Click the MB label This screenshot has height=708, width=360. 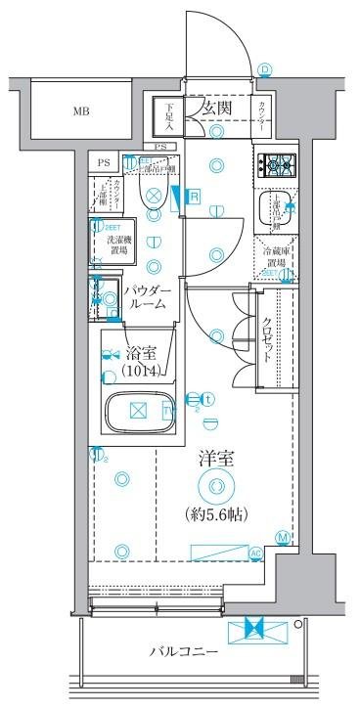click(80, 111)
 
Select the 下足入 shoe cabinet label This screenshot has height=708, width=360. click(168, 117)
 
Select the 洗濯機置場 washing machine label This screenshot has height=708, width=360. click(121, 243)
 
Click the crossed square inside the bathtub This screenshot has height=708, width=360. click(138, 411)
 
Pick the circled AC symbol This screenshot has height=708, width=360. click(256, 553)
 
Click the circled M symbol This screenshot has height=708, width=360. click(283, 537)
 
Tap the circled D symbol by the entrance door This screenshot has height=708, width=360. click(266, 68)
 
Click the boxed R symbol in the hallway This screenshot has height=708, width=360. click(194, 197)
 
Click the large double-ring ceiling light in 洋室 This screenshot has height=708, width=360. click(215, 486)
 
